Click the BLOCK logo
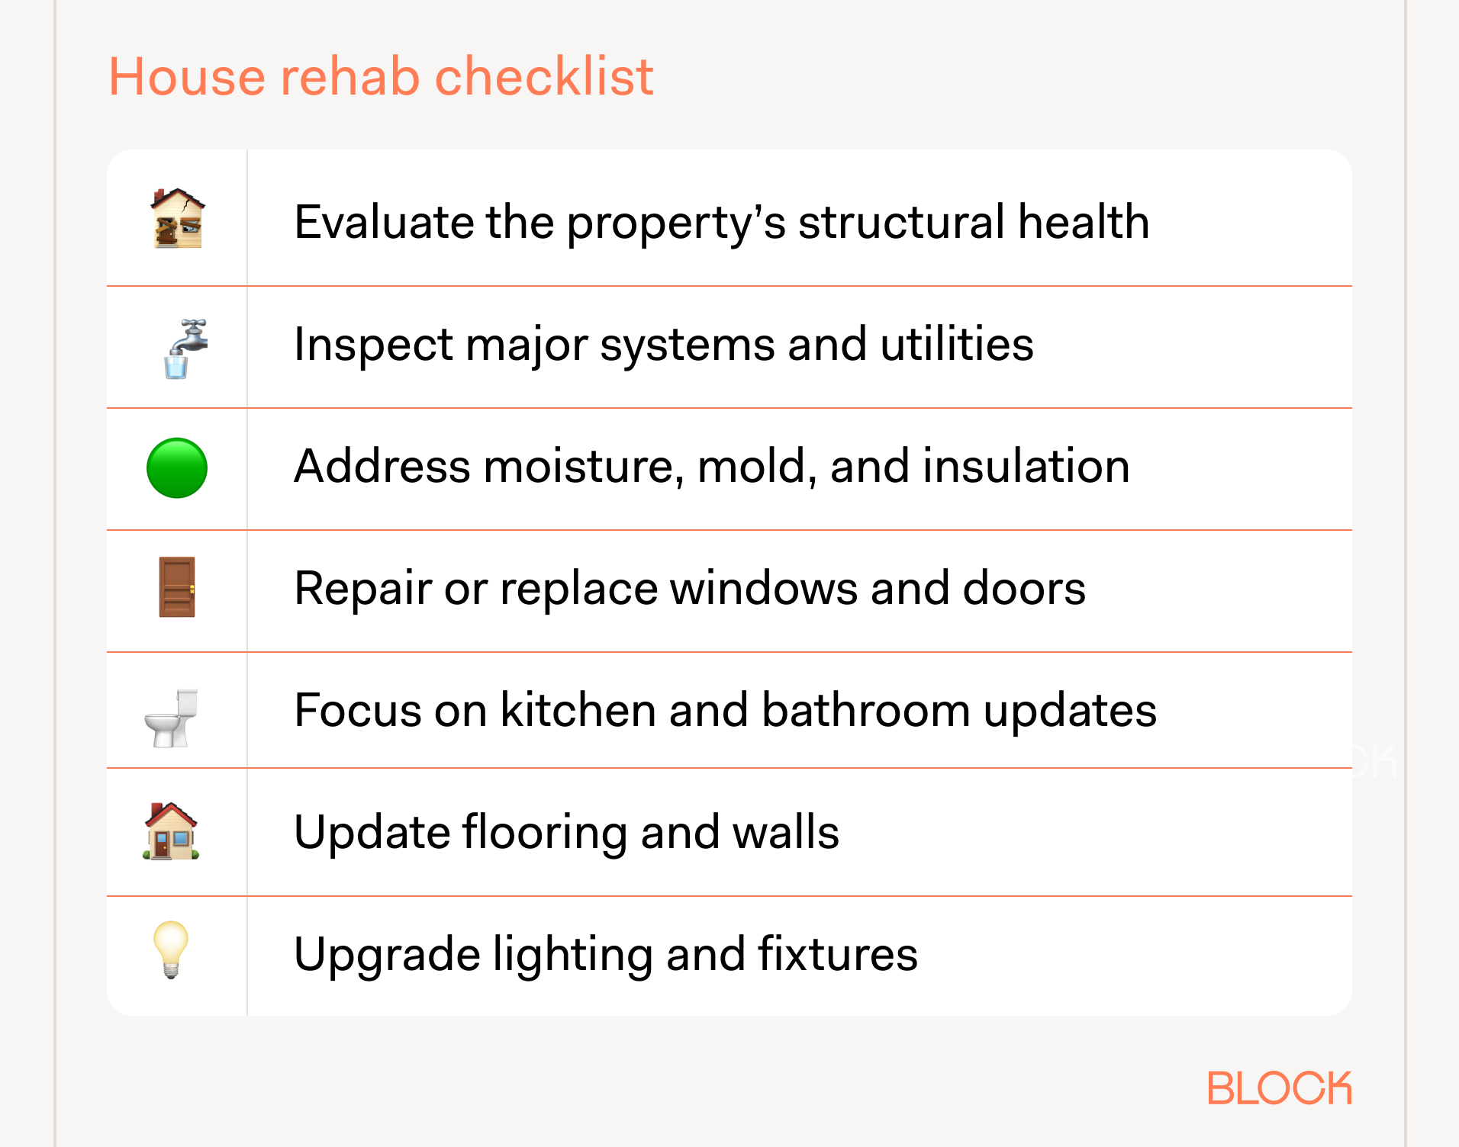click(x=1279, y=1088)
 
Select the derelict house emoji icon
click(x=178, y=219)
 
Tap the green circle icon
click(x=177, y=468)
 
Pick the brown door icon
click(x=177, y=587)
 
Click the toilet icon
click(x=172, y=718)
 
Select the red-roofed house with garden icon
click(x=172, y=831)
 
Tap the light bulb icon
click(x=171, y=949)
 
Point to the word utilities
click(x=957, y=344)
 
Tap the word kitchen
click(x=578, y=710)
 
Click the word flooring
click(x=545, y=832)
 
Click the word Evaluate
click(x=383, y=222)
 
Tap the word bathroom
click(x=865, y=710)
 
